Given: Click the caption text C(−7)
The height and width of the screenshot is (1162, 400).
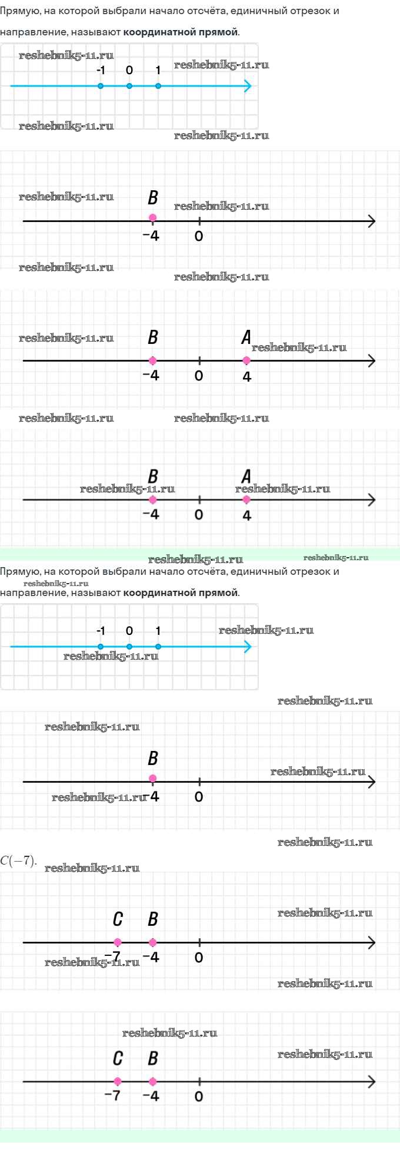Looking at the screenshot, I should click(x=18, y=860).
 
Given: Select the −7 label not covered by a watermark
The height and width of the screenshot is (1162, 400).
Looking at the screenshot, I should click(x=112, y=1095).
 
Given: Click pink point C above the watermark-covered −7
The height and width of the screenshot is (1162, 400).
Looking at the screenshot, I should click(x=118, y=942).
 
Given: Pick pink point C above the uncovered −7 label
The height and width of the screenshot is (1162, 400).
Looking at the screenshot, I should click(x=118, y=1081).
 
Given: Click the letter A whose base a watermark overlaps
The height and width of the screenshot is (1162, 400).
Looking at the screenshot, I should click(x=246, y=476).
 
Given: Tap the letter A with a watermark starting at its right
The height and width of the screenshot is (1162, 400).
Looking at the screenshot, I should click(x=246, y=337).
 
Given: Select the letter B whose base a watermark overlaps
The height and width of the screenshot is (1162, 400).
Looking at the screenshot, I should click(x=153, y=476).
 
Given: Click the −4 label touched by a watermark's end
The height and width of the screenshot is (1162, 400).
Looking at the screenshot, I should click(x=152, y=796).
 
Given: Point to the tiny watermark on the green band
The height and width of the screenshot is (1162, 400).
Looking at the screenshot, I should click(x=336, y=557).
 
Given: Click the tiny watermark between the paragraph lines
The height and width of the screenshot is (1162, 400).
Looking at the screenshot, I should click(x=56, y=583).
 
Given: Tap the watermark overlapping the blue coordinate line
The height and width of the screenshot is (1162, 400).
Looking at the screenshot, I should click(x=111, y=656).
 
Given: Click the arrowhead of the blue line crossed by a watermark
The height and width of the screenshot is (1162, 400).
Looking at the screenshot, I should click(x=248, y=647).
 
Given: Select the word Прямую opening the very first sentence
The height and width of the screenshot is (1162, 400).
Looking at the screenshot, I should click(x=18, y=11).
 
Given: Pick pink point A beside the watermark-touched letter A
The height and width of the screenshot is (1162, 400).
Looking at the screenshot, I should click(x=246, y=360).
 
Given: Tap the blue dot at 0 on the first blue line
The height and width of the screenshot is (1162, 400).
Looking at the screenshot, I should click(x=129, y=86).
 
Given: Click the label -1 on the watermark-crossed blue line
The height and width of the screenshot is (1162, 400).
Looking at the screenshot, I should click(x=101, y=631).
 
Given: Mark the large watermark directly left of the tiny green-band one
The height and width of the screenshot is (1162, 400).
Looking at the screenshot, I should click(x=195, y=560).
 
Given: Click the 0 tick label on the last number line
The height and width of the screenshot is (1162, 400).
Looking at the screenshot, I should click(x=199, y=1096).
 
